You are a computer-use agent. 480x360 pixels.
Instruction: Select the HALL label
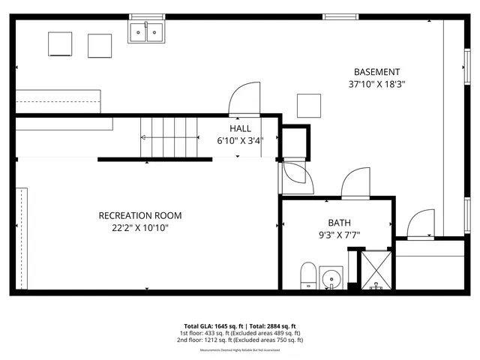[240, 129]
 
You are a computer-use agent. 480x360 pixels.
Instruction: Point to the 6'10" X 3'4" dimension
[240, 141]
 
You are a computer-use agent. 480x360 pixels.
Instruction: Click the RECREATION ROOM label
[140, 216]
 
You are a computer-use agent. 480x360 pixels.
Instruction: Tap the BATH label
[339, 223]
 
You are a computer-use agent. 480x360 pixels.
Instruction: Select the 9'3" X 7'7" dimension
[339, 235]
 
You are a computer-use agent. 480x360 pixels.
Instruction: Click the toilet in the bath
[308, 275]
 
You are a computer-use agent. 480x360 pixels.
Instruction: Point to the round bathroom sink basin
[331, 280]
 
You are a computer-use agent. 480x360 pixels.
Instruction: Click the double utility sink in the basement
[147, 31]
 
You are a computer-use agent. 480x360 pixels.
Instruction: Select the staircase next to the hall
[168, 137]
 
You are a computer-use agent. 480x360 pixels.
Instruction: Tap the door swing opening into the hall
[244, 99]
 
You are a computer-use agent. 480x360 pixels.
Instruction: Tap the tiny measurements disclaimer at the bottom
[240, 350]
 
